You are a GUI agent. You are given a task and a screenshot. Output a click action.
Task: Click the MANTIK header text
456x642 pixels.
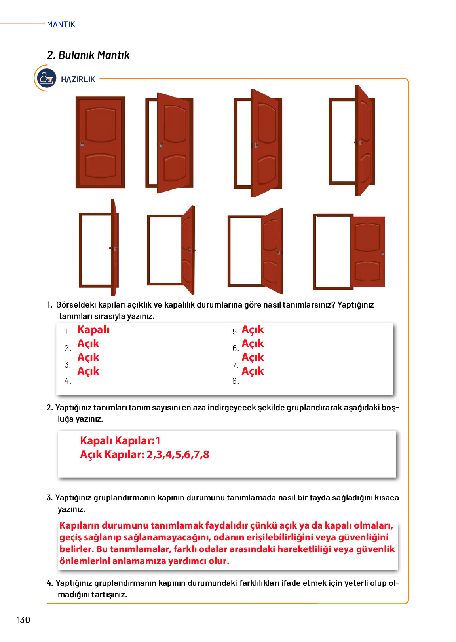61,25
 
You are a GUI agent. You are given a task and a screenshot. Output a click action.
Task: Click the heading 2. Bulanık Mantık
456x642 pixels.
88,55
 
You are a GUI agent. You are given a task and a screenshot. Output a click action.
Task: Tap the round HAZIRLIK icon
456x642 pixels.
46,78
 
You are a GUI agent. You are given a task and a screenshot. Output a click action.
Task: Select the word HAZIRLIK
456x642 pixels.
78,79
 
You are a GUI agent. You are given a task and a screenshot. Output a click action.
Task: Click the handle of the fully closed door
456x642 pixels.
82,144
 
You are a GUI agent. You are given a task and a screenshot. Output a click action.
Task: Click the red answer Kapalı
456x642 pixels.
93,330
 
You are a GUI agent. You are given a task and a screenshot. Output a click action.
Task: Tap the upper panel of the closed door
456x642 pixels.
101,125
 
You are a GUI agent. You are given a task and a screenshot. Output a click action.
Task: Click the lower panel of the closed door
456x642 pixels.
101,166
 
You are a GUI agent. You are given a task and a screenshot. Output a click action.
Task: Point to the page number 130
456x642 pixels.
24,620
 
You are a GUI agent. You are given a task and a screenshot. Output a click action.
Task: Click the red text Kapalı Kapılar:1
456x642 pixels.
120,441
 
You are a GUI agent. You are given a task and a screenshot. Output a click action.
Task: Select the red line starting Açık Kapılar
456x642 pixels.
144,455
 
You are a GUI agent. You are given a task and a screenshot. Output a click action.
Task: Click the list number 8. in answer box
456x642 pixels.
236,381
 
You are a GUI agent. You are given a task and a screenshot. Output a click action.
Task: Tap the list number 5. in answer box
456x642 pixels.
236,332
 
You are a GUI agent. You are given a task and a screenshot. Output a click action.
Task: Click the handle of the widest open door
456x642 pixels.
382,253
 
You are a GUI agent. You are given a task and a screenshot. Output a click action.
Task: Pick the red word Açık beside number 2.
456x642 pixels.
88,344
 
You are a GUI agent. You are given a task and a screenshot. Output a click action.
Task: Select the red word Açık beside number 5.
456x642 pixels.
253,330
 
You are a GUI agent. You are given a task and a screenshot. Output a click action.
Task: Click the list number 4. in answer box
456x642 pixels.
68,381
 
